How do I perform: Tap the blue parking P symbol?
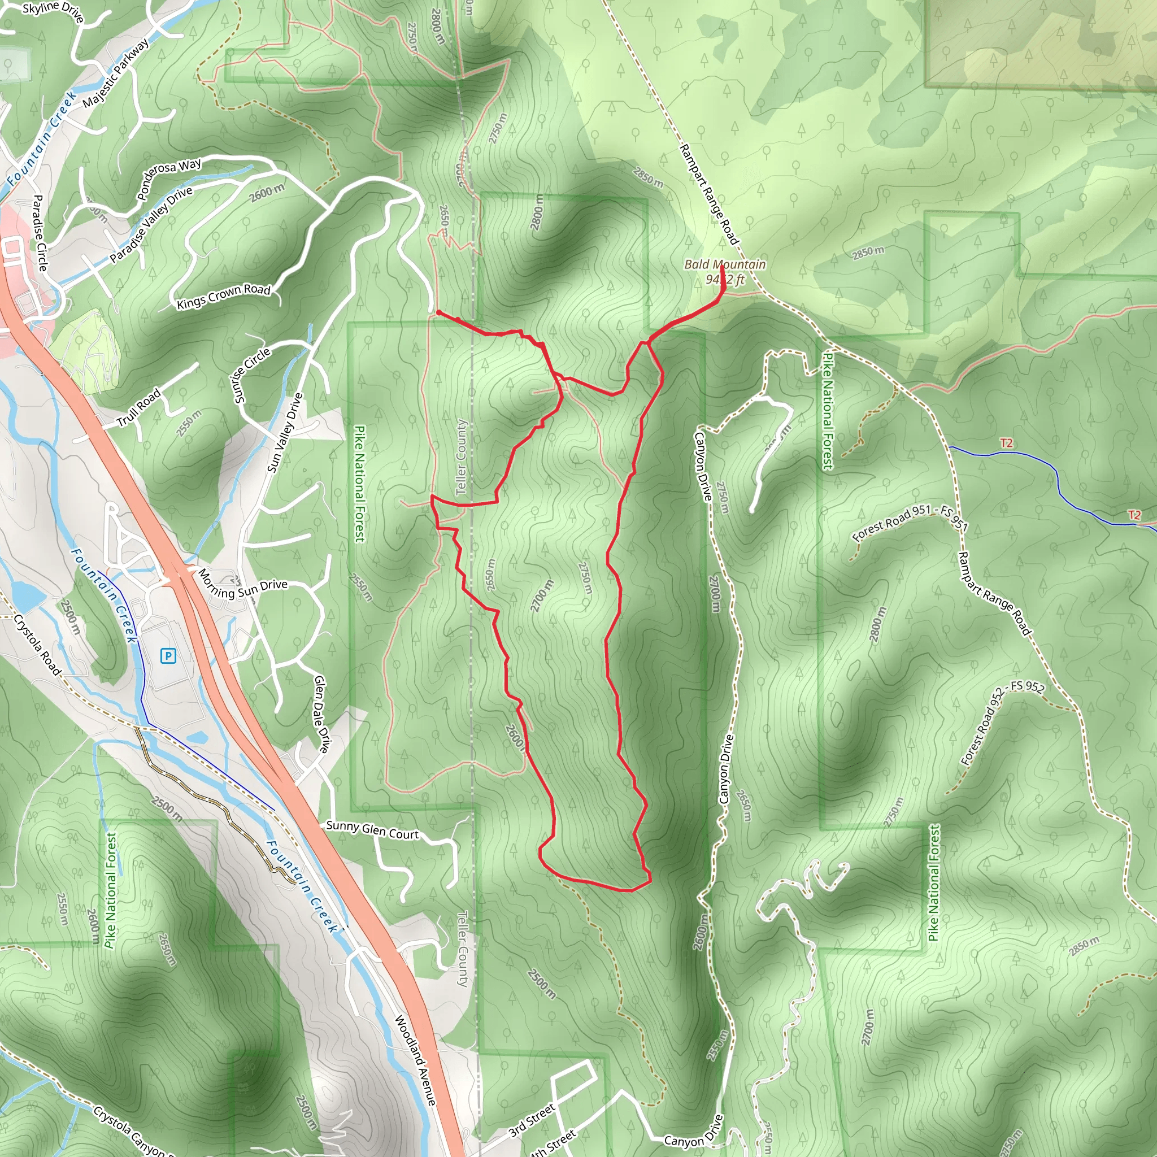pos(168,656)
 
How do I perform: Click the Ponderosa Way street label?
pos(169,179)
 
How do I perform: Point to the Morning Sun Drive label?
pos(242,585)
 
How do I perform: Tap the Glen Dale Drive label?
pos(321,714)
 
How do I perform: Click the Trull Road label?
pos(138,408)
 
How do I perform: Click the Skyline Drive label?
pos(53,11)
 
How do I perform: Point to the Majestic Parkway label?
pos(116,73)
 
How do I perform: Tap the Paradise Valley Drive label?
pos(151,225)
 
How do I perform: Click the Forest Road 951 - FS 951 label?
pos(909,522)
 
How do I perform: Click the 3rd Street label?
pos(532,1121)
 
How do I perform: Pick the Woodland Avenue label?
pos(415,1060)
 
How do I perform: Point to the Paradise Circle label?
pos(38,232)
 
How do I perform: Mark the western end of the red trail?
pos(438,312)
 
